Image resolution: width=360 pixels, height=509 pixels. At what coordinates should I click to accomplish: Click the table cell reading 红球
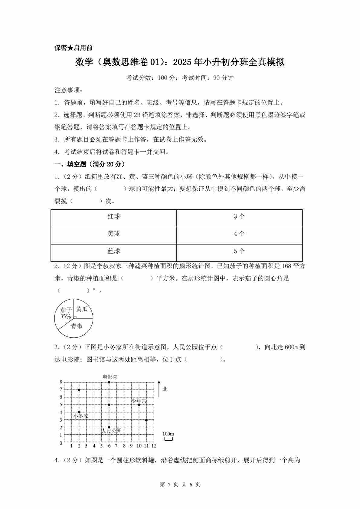(x=114, y=217)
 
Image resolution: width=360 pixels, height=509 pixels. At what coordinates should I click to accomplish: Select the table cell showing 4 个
(x=239, y=234)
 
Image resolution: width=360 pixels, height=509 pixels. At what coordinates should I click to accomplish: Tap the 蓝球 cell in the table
(x=114, y=251)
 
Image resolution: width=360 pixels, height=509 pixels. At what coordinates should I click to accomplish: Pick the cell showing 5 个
(x=239, y=251)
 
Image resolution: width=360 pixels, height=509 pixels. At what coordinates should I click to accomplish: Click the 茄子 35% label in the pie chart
(x=66, y=313)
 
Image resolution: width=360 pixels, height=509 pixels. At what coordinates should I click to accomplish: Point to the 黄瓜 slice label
(x=82, y=309)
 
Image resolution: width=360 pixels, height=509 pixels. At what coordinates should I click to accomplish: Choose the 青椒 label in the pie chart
(x=77, y=326)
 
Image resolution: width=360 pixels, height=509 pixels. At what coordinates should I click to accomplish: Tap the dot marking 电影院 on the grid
(x=109, y=382)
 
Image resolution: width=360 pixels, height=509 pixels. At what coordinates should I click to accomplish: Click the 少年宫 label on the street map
(x=139, y=401)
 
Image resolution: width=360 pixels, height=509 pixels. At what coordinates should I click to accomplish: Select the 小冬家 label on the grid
(x=81, y=416)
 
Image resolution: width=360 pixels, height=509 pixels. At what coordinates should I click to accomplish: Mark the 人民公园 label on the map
(x=111, y=431)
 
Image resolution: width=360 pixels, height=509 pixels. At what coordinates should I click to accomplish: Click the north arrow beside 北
(x=159, y=389)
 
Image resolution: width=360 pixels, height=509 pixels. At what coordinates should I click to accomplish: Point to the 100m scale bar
(x=169, y=438)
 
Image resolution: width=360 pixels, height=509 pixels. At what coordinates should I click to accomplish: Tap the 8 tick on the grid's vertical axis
(x=61, y=382)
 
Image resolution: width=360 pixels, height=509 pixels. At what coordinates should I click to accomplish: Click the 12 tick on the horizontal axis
(x=154, y=446)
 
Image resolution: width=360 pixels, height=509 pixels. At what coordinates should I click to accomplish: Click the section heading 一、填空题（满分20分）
(x=90, y=164)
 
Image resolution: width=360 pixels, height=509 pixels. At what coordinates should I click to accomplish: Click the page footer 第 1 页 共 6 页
(x=180, y=484)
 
